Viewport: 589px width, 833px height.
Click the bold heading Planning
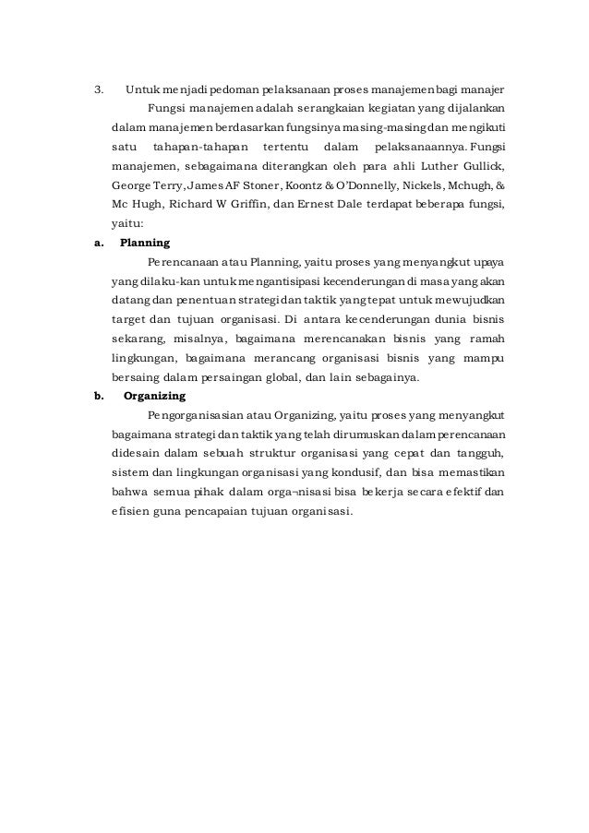[145, 244]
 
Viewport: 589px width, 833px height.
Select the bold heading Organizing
[154, 398]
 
